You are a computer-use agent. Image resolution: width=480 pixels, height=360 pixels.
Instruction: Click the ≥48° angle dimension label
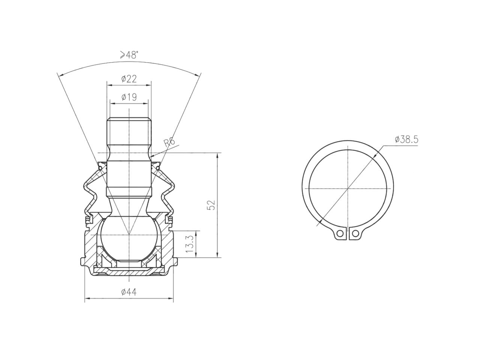[129, 55]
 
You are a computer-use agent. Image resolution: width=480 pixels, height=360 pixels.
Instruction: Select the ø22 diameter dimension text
[129, 79]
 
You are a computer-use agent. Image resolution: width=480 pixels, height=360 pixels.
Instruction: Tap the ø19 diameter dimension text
[129, 97]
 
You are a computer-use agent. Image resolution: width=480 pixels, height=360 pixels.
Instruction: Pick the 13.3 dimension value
[190, 244]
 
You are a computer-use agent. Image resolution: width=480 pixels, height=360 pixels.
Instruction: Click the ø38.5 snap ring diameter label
[406, 139]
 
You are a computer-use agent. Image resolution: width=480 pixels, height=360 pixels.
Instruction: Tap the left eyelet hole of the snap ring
[340, 233]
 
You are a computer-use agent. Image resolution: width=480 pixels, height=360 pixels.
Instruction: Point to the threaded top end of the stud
[129, 129]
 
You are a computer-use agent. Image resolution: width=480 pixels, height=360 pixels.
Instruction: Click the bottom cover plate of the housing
[129, 270]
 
